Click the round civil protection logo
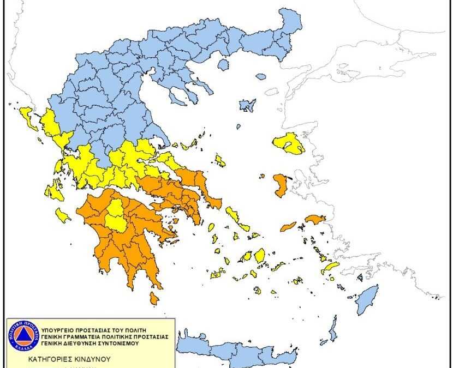coord(24,336)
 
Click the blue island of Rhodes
coord(367,299)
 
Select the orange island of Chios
coord(281,186)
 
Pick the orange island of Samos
coord(315,219)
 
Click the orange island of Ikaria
coord(288,226)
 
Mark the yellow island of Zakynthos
coord(63,215)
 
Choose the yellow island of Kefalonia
coord(54,191)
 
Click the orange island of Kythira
coord(154,298)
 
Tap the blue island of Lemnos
coord(248,105)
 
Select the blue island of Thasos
coord(222,64)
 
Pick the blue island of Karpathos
coord(332,330)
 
